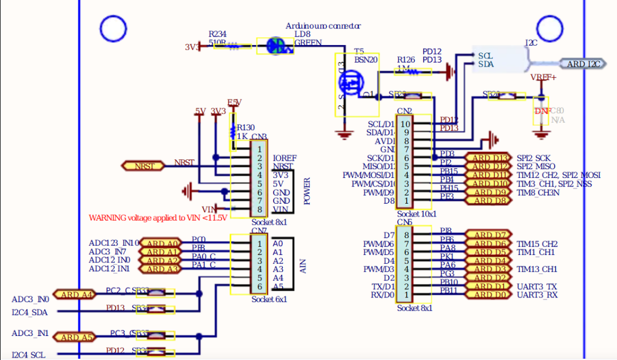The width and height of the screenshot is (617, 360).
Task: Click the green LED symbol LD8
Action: [275, 45]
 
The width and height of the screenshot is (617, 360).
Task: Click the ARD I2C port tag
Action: [580, 64]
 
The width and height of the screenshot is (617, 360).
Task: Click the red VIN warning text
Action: [157, 217]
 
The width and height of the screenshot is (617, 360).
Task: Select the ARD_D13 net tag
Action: [487, 158]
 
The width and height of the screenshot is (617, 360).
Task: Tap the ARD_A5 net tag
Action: [73, 337]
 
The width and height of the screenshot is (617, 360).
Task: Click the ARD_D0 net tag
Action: [487, 295]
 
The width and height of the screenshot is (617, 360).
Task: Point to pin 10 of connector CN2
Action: [405, 124]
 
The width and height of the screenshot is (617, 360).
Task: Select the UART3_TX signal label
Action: [537, 287]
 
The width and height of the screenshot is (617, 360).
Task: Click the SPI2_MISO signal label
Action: [535, 167]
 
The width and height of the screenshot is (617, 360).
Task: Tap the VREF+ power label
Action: [543, 78]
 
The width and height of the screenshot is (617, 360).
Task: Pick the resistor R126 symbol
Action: [417, 72]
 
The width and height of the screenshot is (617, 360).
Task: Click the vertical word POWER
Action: [307, 191]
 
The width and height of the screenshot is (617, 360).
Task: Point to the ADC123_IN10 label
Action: [114, 243]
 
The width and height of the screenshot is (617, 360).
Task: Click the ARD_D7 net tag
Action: [487, 235]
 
